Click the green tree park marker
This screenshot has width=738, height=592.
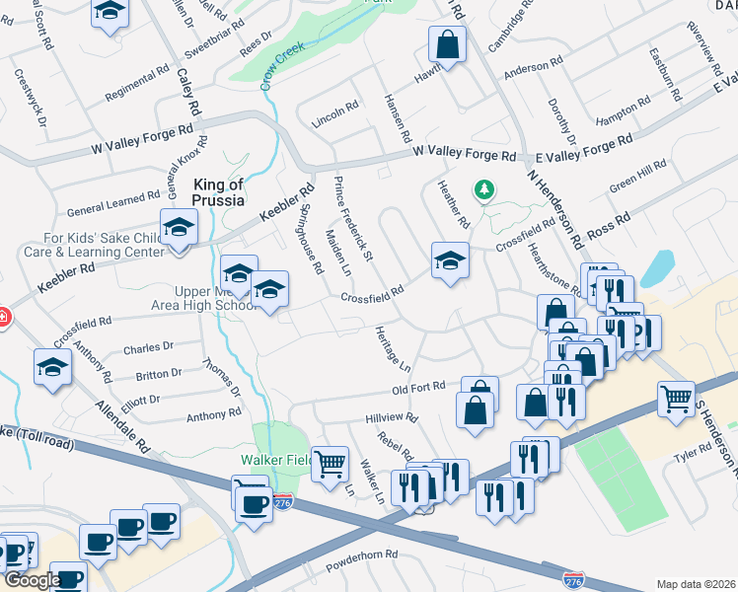[483, 188]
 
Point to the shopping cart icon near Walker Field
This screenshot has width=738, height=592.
[331, 462]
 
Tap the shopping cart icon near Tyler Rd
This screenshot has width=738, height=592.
[676, 400]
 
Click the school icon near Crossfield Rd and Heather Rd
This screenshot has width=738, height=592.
[450, 260]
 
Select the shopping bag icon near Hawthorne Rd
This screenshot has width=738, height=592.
[448, 44]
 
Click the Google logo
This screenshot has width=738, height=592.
[32, 579]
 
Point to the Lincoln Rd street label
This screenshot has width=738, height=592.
[334, 111]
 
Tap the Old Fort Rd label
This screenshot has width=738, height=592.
[418, 387]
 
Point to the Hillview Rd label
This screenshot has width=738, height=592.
[391, 418]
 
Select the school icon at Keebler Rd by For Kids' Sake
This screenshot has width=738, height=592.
[179, 229]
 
